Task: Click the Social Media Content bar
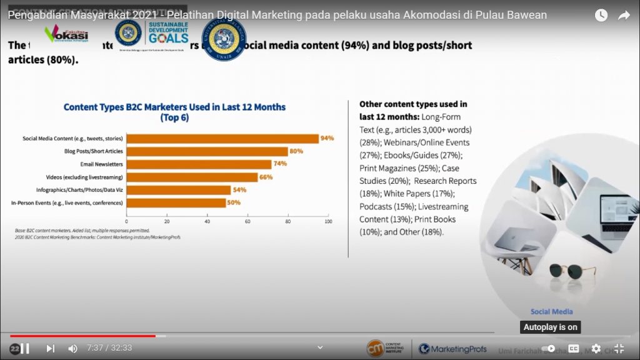[222, 138]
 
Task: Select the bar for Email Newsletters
[199, 164]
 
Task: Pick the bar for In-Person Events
[176, 202]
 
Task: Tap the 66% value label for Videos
[267, 177]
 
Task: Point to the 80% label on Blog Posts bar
[296, 151]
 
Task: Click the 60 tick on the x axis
[247, 221]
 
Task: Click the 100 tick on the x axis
[328, 221]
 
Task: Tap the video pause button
[25, 348]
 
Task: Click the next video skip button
[51, 348]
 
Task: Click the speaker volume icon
[72, 348]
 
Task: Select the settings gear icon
[596, 348]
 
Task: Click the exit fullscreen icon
[619, 348]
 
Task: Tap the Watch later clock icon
[601, 16]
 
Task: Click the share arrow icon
[624, 16]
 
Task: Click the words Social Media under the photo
[551, 311]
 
